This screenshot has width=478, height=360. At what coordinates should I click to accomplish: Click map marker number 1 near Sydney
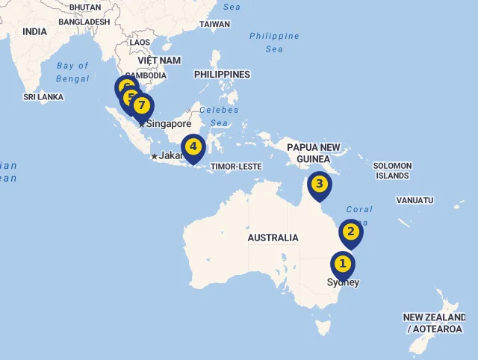pyautogui.click(x=343, y=264)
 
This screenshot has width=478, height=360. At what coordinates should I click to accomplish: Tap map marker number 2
pyautogui.click(x=350, y=232)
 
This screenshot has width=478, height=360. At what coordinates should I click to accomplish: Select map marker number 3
pyautogui.click(x=319, y=184)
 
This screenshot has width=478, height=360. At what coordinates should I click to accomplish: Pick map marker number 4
pyautogui.click(x=193, y=146)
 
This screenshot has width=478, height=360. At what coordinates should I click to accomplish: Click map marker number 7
pyautogui.click(x=141, y=105)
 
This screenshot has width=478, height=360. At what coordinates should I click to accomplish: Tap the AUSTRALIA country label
pyautogui.click(x=273, y=238)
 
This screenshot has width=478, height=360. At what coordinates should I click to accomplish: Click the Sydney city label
pyautogui.click(x=343, y=282)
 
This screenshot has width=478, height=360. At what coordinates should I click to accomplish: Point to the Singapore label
pyautogui.click(x=169, y=124)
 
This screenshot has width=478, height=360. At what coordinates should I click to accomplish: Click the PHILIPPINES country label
pyautogui.click(x=222, y=75)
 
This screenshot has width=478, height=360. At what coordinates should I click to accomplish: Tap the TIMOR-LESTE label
pyautogui.click(x=236, y=167)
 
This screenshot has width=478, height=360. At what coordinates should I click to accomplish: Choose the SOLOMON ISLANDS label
pyautogui.click(x=392, y=170)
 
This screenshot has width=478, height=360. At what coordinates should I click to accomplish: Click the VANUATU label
pyautogui.click(x=415, y=200)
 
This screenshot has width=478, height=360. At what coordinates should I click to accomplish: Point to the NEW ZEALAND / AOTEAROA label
pyautogui.click(x=435, y=323)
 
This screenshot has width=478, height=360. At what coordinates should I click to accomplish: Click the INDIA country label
pyautogui.click(x=34, y=32)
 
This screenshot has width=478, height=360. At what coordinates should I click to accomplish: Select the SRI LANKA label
pyautogui.click(x=43, y=97)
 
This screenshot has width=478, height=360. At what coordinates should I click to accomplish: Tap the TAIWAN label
pyautogui.click(x=214, y=24)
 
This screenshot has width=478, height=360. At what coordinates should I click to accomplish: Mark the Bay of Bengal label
pyautogui.click(x=72, y=72)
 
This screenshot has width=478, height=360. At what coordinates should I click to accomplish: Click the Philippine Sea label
pyautogui.click(x=274, y=43)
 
